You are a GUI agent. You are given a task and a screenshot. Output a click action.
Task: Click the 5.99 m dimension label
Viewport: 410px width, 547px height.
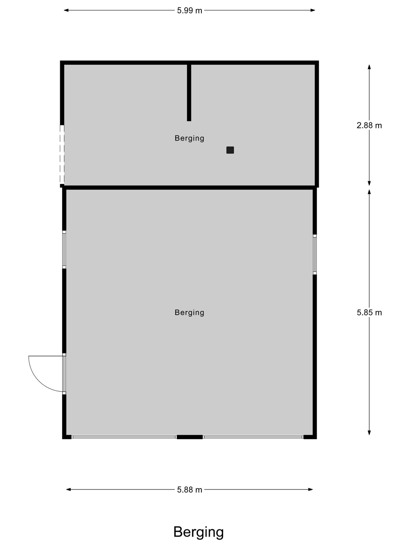click(190, 11)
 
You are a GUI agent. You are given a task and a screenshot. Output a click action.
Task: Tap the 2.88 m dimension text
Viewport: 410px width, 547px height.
click(369, 125)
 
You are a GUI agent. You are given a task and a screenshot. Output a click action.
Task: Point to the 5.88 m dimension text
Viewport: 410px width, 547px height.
click(190, 490)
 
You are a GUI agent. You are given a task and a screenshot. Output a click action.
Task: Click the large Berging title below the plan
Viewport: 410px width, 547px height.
click(199, 533)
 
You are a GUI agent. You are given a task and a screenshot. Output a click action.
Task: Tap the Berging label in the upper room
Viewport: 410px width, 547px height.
click(190, 138)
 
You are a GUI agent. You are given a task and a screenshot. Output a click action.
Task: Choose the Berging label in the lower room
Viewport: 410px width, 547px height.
click(190, 312)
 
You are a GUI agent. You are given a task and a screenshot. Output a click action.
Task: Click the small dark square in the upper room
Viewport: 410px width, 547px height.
click(230, 150)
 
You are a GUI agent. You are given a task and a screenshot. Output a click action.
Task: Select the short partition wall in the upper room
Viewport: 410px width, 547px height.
click(189, 92)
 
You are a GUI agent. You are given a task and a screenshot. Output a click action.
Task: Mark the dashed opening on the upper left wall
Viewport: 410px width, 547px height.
click(62, 155)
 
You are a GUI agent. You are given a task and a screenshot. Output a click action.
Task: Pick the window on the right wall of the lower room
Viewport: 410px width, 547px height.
click(315, 255)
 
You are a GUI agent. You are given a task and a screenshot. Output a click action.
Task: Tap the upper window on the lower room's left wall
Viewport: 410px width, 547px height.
click(64, 249)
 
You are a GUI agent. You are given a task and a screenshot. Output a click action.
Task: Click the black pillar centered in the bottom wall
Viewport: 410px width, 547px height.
click(190, 437)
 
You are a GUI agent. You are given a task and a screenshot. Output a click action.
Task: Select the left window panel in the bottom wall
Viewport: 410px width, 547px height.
click(124, 437)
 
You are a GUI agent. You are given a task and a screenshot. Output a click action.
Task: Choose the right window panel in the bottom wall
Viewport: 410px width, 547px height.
click(253, 437)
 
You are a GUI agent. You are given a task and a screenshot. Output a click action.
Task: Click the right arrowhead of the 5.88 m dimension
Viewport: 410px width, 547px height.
click(310, 490)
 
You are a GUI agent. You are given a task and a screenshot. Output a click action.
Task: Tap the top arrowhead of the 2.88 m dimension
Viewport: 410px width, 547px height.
click(369, 67)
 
